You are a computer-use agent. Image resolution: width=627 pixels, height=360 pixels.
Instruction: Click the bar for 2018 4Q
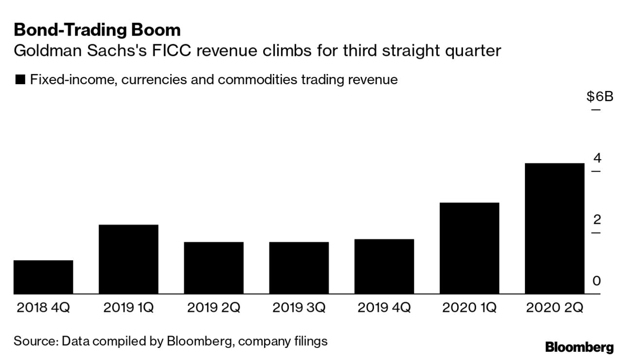pos(43,277)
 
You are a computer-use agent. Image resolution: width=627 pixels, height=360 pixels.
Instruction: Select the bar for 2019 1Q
pos(128,259)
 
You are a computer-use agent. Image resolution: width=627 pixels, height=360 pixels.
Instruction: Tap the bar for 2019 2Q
pos(214,268)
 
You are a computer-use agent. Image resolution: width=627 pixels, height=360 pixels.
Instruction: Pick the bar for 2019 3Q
pos(299,268)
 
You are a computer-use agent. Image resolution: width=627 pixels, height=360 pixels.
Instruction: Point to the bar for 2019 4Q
pos(384,266)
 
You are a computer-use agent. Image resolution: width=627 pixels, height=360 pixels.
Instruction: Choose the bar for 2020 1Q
pos(469,248)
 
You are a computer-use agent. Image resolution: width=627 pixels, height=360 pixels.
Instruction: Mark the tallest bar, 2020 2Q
pos(555,228)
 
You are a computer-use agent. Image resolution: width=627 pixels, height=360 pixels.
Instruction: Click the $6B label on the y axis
pos(600,97)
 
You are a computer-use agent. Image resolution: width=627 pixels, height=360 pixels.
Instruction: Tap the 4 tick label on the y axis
pos(597,158)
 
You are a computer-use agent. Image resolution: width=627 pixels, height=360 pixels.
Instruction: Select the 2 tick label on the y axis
pos(597,220)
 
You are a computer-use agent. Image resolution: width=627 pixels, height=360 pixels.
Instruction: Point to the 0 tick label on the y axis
pos(596,281)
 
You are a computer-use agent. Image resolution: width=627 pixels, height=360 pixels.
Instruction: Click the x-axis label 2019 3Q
pos(299,308)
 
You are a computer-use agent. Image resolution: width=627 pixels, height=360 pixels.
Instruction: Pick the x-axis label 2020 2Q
pos(555,308)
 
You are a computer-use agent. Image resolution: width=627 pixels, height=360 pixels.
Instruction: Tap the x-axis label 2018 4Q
pos(43,308)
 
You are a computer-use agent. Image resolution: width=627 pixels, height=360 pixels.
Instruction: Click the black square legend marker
pos(20,80)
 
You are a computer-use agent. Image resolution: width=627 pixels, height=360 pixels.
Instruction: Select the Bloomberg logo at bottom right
pos(579,347)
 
